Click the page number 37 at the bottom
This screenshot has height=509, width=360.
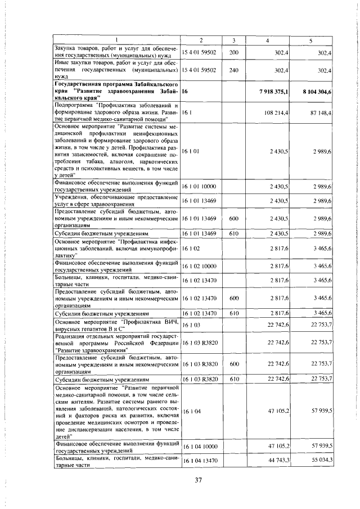[198, 480]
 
